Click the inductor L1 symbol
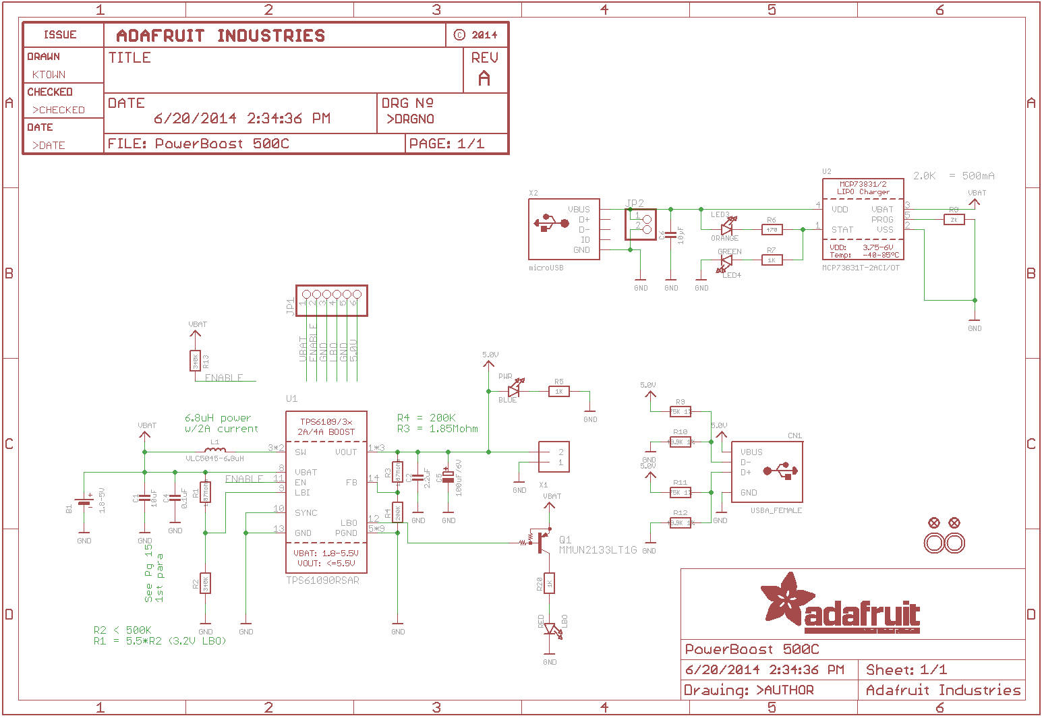(215, 451)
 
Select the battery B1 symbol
(84, 502)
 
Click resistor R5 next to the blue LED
(558, 391)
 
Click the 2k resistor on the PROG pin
(954, 220)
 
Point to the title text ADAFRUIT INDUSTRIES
(221, 36)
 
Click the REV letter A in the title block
(484, 79)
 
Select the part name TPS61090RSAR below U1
(323, 580)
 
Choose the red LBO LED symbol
(551, 630)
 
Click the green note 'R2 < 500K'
(122, 630)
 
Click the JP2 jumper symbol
(641, 224)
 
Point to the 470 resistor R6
(772, 230)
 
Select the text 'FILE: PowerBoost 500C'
(198, 144)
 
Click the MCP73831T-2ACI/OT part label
(861, 268)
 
